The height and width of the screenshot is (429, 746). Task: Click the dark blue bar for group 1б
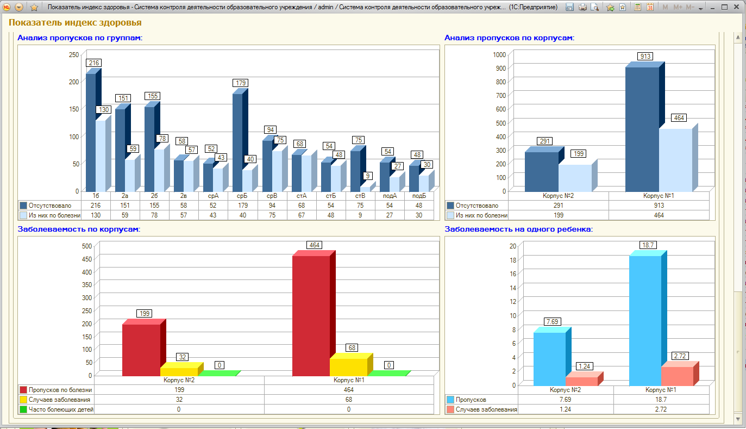point(91,132)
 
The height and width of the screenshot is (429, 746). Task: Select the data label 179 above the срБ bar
point(241,83)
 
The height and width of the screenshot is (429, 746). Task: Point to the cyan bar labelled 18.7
point(645,320)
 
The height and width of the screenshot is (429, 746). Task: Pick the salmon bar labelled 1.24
point(582,381)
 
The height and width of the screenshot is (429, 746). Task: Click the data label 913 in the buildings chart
point(645,57)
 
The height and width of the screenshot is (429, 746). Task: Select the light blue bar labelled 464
point(676,159)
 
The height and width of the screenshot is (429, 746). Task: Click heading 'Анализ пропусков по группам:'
point(80,38)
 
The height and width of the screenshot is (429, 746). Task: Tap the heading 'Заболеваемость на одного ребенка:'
point(518,229)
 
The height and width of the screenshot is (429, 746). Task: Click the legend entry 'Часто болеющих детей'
point(61,409)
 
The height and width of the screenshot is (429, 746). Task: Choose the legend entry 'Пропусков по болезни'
point(60,390)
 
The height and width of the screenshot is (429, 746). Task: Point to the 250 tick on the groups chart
point(74,55)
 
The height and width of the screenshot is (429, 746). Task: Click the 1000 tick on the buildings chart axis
point(499,55)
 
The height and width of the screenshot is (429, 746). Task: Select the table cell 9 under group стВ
point(360,215)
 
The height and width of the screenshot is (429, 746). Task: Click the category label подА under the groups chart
point(390,196)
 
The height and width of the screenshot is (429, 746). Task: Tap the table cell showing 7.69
point(565,400)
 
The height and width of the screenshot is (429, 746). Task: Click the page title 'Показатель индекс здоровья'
point(75,22)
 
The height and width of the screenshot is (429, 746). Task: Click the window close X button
point(736,7)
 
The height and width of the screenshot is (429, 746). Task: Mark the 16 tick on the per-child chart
point(513,274)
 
